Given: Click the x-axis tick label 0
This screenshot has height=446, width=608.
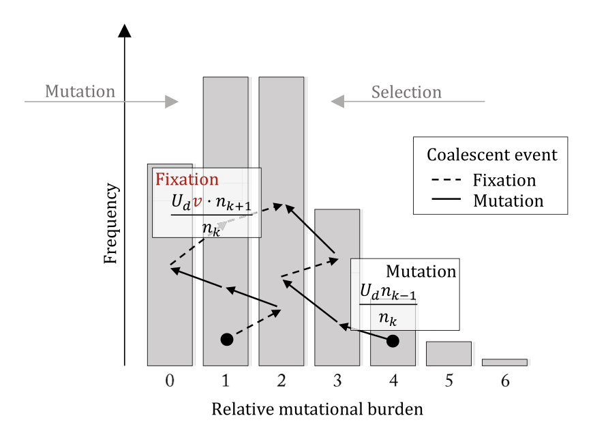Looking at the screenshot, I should click(170, 383).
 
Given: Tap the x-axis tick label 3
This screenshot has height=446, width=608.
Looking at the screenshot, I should click(337, 383).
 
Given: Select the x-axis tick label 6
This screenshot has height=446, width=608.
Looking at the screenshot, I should click(505, 383).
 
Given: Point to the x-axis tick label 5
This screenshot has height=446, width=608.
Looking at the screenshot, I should click(449, 383).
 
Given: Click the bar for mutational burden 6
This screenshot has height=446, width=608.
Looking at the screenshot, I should click(504, 362).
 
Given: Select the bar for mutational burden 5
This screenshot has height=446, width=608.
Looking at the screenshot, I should click(449, 353).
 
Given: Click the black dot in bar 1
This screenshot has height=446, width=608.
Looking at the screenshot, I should click(227, 339).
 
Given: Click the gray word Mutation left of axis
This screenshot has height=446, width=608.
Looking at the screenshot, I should click(80, 91).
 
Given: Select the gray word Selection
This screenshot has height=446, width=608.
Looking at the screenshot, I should click(406, 92).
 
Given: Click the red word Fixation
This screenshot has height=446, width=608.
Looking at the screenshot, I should click(187, 180).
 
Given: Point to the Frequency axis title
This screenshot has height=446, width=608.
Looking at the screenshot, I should click(112, 223).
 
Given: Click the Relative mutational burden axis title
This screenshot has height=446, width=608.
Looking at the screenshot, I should click(317, 410).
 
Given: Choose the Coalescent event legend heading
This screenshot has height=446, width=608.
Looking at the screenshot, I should click(491, 155).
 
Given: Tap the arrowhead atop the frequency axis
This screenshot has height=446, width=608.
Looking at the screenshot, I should click(124, 30).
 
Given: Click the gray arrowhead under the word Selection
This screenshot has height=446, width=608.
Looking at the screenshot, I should click(338, 102).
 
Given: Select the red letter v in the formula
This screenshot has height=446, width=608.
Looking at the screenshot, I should click(197, 203).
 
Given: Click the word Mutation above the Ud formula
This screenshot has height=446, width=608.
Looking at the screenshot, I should click(421, 271).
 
